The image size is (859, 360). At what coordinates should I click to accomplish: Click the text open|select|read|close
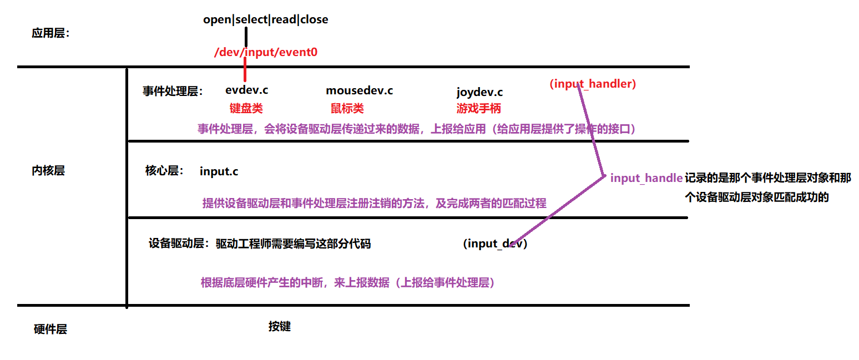266,19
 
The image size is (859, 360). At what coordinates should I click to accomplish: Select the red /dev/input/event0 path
266,53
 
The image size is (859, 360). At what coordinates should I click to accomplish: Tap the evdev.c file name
246,90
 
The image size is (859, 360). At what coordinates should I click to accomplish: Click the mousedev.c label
359,90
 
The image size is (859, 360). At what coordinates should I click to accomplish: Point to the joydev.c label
479,92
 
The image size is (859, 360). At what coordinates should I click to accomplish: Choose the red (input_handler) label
593,84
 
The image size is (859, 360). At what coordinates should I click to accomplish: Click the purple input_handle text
646,178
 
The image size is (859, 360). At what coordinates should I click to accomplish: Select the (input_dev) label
494,244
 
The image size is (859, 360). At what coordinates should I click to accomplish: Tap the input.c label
219,171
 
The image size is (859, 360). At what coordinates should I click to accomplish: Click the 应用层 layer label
50,33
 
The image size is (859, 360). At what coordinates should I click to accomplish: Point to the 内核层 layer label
48,171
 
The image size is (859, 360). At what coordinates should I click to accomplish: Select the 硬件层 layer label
50,329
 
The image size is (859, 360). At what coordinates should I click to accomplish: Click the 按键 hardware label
279,327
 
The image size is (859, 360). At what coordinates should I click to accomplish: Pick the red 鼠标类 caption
347,108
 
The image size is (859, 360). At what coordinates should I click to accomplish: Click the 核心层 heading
164,171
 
